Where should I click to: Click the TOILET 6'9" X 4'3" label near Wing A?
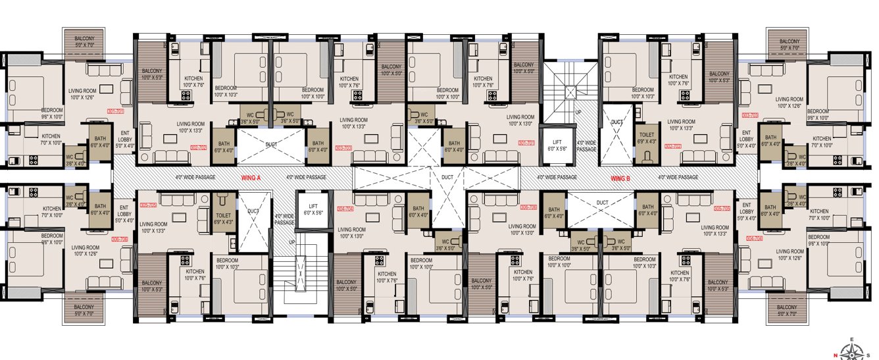coord(223,219)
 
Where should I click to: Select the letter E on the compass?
coord(852,340)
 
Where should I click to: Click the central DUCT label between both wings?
coord(447,178)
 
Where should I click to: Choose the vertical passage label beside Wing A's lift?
coord(285,219)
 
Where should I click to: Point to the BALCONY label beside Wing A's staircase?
coord(346,285)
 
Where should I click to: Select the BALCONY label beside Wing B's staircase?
coord(524,68)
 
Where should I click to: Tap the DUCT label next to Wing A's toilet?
coord(253,211)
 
